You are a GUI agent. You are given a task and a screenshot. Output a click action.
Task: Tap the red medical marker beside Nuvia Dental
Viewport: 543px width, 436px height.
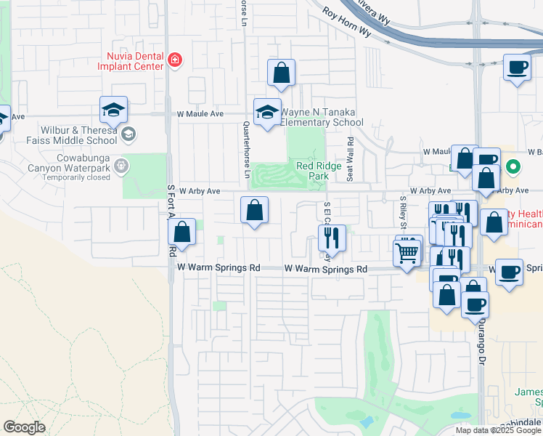[x=174, y=60]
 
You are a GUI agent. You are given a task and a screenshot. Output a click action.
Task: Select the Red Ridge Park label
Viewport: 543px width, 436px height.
[x=314, y=171]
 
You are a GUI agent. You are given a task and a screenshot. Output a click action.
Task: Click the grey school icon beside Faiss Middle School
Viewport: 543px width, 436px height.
[x=128, y=133]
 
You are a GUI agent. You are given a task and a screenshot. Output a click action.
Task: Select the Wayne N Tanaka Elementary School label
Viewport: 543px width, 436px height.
[x=322, y=118]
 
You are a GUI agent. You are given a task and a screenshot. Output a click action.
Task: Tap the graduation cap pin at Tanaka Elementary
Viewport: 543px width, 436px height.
[x=267, y=112]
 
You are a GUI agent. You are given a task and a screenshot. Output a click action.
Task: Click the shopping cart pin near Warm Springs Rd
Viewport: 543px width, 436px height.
[x=407, y=253]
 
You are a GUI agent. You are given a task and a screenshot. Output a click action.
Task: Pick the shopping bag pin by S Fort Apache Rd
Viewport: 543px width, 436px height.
[x=182, y=233]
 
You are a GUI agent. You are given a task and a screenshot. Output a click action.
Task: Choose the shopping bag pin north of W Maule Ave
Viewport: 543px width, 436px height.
[x=281, y=73]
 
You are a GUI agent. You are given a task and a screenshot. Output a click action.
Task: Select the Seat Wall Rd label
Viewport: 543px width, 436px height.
[x=350, y=159]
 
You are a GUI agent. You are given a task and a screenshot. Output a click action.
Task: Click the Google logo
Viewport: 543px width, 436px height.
[x=24, y=427]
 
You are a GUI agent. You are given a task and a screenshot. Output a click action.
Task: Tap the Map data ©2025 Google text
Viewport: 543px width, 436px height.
[x=498, y=430]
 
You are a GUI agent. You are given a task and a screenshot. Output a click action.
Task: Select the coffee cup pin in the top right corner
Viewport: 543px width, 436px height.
[x=517, y=68]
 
